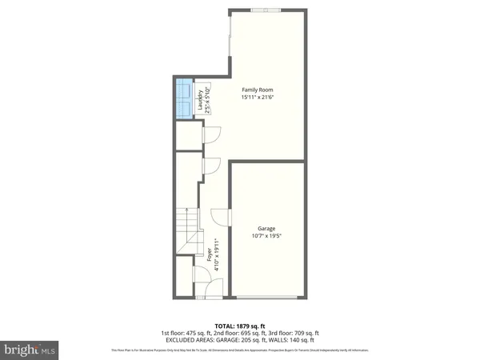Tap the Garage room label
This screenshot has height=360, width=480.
click(267, 229)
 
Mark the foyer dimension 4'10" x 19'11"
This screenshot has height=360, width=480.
click(218, 256)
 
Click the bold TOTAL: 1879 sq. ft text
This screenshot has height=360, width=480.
click(240, 326)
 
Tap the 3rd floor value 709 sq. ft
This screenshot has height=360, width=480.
click(304, 333)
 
